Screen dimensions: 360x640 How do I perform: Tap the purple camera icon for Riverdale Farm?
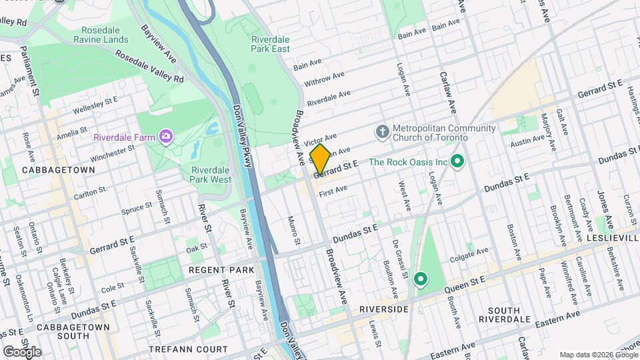(165, 137)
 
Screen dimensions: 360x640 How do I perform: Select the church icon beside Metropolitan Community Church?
(382, 129)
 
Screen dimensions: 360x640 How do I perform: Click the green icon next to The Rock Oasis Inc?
(457, 161)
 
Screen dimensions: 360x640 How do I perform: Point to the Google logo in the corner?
(21, 351)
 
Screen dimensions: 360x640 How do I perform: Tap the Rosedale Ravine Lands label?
(105, 35)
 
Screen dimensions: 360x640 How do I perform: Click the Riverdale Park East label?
(270, 43)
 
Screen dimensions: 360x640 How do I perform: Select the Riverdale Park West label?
(207, 174)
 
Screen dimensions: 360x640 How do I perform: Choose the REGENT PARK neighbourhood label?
(212, 270)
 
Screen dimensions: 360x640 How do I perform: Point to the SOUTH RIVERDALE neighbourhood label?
(513, 316)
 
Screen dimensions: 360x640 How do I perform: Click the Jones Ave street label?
(603, 205)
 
